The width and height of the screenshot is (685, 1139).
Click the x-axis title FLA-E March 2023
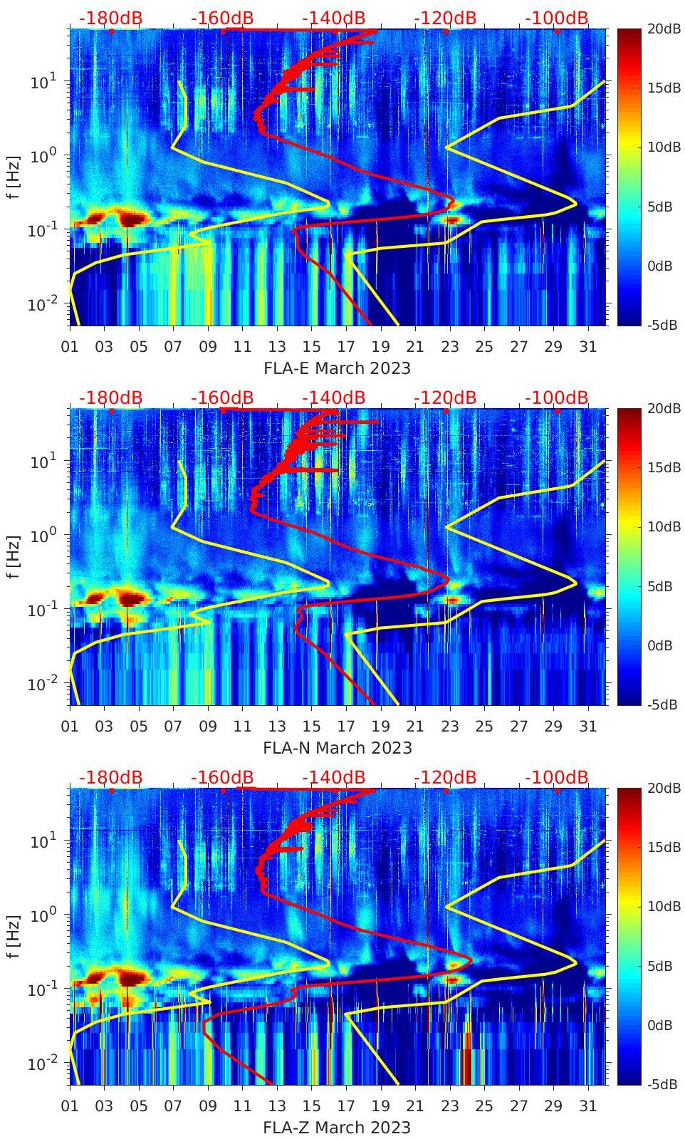[337, 368]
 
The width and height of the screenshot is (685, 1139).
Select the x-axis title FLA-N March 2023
[337, 748]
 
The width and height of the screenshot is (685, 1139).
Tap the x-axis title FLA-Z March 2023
[337, 1128]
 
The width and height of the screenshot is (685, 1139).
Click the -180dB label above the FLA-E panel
[110, 19]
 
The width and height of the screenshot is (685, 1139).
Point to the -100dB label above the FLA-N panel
[557, 398]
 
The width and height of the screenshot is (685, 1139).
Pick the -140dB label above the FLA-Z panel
[333, 778]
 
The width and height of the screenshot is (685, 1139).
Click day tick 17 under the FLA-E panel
[346, 347]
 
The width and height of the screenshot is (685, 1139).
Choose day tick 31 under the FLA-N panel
[587, 727]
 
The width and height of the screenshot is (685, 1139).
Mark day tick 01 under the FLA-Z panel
[70, 1106]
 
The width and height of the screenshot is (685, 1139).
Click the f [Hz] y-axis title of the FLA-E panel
[14, 177]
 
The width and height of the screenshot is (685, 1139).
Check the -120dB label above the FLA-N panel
[445, 398]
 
